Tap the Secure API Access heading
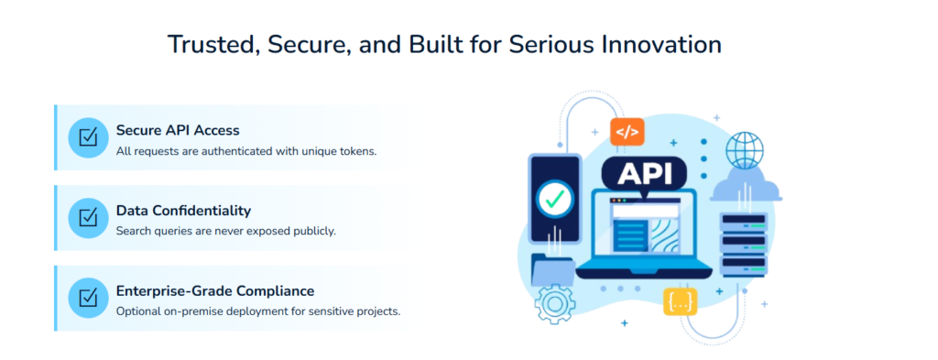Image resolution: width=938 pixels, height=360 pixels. click(178, 130)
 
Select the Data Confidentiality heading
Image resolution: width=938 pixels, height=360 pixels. click(183, 211)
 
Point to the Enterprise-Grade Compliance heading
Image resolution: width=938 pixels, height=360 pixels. click(215, 291)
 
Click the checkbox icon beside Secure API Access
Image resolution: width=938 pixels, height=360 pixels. click(89, 138)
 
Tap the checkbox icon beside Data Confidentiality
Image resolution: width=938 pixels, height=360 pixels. click(89, 218)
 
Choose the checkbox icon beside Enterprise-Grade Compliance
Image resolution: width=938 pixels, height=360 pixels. click(89, 299)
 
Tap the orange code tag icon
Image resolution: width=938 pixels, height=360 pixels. click(627, 132)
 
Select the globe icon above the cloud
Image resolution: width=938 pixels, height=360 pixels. click(744, 149)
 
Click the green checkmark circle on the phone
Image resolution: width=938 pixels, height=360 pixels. click(554, 195)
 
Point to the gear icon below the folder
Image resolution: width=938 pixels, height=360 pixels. click(554, 303)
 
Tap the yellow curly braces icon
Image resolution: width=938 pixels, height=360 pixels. click(680, 301)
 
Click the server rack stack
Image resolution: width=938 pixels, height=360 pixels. click(743, 244)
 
